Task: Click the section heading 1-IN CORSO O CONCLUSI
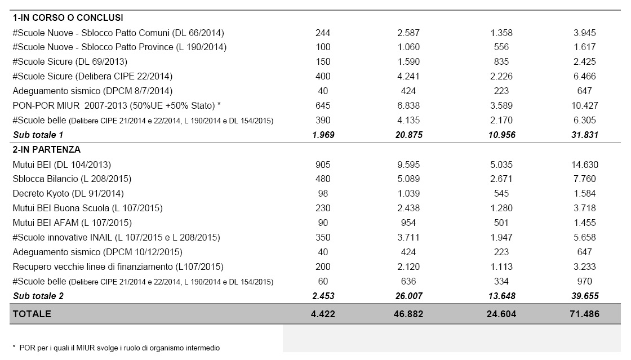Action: (x=68, y=18)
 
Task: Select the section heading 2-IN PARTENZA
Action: (x=46, y=150)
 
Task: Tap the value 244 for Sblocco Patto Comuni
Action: (x=323, y=33)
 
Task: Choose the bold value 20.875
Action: (x=408, y=135)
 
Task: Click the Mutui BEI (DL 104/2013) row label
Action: (x=61, y=165)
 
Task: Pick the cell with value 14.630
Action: (x=584, y=165)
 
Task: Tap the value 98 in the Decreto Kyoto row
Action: (x=323, y=194)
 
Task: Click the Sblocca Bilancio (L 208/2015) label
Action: (x=72, y=179)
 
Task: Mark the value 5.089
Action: (x=408, y=179)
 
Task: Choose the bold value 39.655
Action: (x=584, y=296)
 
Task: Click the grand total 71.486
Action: (x=584, y=314)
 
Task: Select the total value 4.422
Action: (x=323, y=314)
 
